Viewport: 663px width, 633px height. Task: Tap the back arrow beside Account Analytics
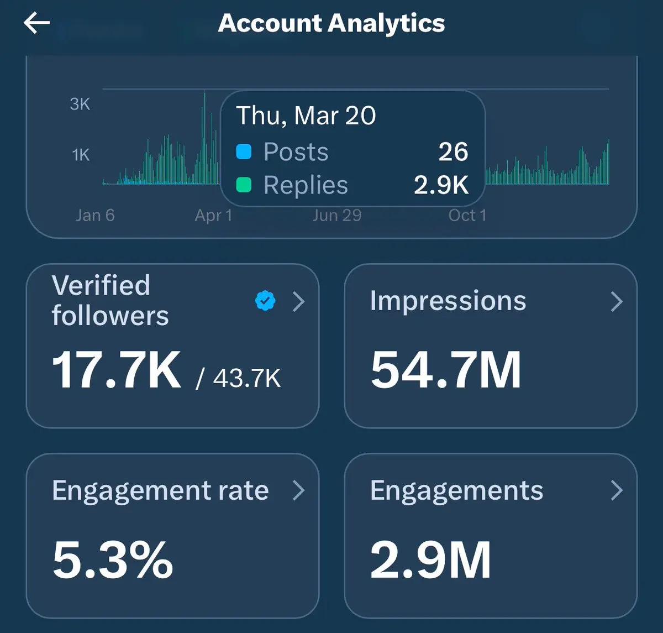tap(36, 23)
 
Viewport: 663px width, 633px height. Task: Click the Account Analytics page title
tap(331, 23)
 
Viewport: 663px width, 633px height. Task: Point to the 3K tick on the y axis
tap(80, 104)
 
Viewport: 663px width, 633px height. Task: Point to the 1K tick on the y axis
tap(81, 155)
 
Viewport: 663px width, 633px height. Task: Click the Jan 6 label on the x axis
tap(95, 215)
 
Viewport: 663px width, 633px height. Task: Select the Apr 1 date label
tap(213, 215)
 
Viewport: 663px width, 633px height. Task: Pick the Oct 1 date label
tap(467, 215)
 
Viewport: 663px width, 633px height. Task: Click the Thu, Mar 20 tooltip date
tap(306, 116)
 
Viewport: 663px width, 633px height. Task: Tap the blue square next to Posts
tap(244, 152)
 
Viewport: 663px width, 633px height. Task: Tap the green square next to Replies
tap(244, 185)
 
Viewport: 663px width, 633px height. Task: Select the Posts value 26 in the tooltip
tap(453, 152)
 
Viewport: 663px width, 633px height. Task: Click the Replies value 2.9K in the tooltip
tap(441, 185)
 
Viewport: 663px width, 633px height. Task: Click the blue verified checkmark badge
tap(265, 301)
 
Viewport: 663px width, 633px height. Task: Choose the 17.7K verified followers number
tap(116, 370)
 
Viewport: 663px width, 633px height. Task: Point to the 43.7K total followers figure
tap(246, 378)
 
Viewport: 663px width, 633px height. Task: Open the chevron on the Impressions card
tap(617, 301)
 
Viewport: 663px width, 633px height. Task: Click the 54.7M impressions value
tap(446, 370)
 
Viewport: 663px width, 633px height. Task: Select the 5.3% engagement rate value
tap(113, 560)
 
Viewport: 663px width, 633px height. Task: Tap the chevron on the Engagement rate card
tap(298, 490)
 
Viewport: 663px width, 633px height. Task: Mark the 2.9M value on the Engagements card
tap(430, 560)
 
